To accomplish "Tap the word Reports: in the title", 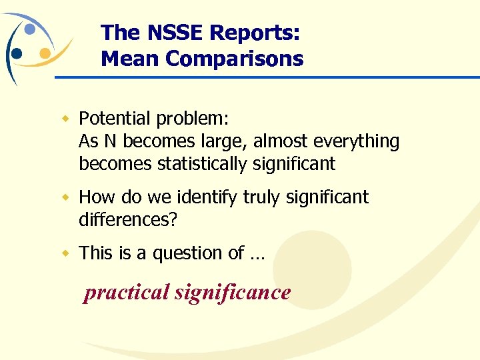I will [x=255, y=32].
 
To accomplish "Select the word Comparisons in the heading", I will [x=234, y=59].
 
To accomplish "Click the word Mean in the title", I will [x=130, y=59].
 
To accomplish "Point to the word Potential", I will [x=115, y=119].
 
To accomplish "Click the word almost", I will [x=275, y=141].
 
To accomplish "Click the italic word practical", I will [x=126, y=293].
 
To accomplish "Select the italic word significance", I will [x=233, y=293].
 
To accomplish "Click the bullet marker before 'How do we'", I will [x=66, y=197].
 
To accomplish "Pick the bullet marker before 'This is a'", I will [x=66, y=253].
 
